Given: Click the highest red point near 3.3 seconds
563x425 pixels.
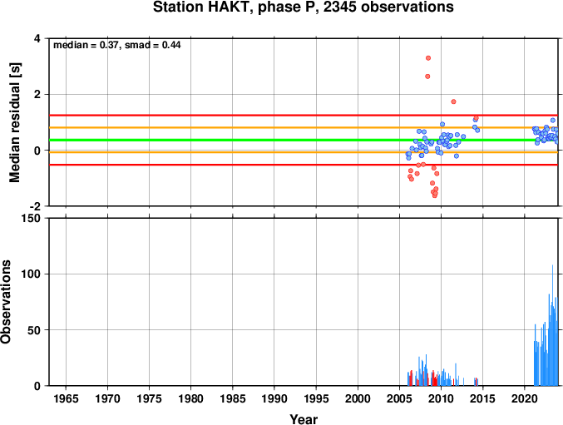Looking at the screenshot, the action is (x=428, y=58).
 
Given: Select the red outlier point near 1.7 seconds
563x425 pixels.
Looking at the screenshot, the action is (x=453, y=101).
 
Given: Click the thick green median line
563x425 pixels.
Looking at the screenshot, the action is (x=304, y=140).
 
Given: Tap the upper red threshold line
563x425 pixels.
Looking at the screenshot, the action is (x=304, y=116).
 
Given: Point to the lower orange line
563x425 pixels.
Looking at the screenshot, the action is (x=304, y=152).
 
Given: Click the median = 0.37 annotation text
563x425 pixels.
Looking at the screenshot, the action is (x=86, y=45).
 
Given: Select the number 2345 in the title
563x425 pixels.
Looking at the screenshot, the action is (x=339, y=7).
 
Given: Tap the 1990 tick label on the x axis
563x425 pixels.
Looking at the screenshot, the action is (x=274, y=398).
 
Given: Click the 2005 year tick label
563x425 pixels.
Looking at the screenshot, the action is (x=399, y=398).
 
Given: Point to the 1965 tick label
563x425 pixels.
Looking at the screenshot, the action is (x=66, y=398).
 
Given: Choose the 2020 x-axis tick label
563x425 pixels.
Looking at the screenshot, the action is (x=524, y=398).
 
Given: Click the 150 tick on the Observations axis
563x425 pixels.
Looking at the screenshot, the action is (x=32, y=218).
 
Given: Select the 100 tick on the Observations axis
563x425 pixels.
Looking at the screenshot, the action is (x=32, y=274).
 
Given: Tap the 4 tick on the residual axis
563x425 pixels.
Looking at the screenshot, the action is (x=37, y=38).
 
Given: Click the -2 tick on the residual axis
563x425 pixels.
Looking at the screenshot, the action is (x=34, y=206).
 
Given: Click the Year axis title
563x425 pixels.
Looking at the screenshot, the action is (x=304, y=419).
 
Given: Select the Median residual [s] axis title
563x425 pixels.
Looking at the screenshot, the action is (x=15, y=122).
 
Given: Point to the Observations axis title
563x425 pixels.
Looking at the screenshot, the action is (x=5, y=302).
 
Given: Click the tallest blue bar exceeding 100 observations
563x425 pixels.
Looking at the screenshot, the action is (x=552, y=325).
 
